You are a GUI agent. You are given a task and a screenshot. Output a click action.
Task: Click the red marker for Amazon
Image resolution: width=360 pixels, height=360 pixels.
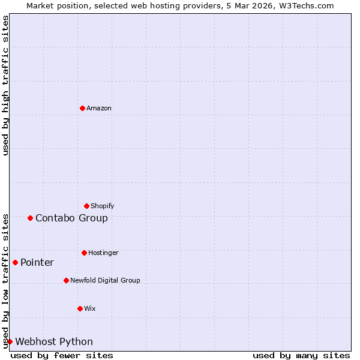click(x=82, y=108)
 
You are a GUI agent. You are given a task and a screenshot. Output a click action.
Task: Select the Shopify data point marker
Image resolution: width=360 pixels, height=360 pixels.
click(x=86, y=206)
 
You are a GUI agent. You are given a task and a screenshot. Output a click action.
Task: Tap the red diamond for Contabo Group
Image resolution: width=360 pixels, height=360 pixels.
click(x=30, y=218)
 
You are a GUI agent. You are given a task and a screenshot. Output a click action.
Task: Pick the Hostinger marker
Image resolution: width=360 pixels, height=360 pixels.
click(x=84, y=253)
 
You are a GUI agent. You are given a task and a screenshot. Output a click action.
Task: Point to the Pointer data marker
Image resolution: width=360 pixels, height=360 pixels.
click(x=15, y=262)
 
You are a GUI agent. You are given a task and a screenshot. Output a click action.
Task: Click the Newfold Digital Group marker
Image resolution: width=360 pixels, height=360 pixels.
click(x=66, y=280)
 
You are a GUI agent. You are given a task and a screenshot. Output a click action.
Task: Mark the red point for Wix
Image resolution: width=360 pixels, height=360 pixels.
click(x=80, y=308)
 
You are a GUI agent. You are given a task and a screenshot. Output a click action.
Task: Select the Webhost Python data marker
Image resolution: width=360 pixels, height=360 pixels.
click(x=10, y=341)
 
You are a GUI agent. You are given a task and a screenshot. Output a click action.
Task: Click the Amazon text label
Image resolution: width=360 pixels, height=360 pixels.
click(x=99, y=108)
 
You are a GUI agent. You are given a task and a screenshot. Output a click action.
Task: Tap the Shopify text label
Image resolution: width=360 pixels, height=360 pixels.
click(x=103, y=206)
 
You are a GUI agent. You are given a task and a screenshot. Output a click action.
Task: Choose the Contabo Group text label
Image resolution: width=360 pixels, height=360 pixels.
click(x=71, y=218)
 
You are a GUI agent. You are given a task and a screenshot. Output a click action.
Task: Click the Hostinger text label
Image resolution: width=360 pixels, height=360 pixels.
click(x=103, y=253)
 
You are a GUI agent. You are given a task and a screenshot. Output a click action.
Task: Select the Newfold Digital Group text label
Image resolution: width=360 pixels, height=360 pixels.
click(x=105, y=280)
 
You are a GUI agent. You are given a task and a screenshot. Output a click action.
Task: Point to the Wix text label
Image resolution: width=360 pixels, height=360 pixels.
click(x=90, y=308)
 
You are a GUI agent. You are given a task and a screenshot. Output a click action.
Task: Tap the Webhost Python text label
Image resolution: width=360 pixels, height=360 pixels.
click(x=54, y=341)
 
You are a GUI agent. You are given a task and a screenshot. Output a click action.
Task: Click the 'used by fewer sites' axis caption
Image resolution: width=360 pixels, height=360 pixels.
click(x=62, y=355)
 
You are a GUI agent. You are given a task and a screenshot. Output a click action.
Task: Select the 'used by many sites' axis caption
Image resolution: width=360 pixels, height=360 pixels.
click(x=301, y=355)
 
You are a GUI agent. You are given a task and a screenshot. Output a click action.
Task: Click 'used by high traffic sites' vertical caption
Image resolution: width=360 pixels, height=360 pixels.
click(x=5, y=85)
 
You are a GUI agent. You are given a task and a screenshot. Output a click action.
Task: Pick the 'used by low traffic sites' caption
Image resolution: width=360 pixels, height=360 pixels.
click(x=5, y=280)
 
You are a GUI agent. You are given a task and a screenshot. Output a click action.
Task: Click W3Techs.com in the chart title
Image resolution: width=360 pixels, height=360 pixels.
click(x=305, y=5)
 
